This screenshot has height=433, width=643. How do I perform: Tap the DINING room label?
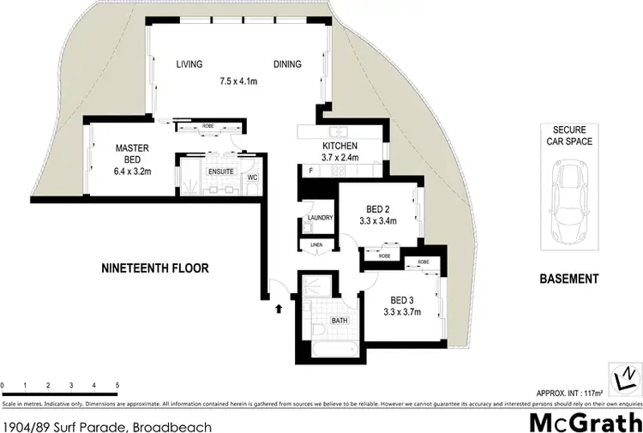(x=287, y=64)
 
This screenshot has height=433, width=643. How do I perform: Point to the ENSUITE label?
(x=219, y=170)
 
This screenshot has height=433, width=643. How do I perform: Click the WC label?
(x=253, y=177)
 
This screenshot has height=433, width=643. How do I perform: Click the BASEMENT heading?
(x=569, y=279)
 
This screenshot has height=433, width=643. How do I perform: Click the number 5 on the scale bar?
(x=117, y=387)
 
